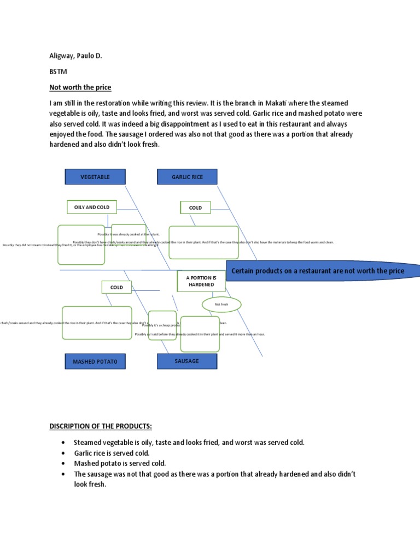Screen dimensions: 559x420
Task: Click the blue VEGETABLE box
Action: [x=95, y=177]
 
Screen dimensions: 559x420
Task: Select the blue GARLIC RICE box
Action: [x=187, y=177]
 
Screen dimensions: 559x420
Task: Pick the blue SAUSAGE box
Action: [x=187, y=361]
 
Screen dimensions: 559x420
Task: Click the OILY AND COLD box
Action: [x=91, y=207]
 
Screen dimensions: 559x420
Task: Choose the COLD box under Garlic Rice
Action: [x=195, y=207]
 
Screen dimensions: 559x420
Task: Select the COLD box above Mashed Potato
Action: [x=116, y=287]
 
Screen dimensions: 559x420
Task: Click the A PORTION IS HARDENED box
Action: [x=201, y=281]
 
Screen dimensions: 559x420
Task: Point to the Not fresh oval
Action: [x=221, y=304]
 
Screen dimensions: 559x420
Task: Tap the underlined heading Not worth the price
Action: [x=80, y=87]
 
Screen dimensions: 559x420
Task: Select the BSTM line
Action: [x=58, y=71]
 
